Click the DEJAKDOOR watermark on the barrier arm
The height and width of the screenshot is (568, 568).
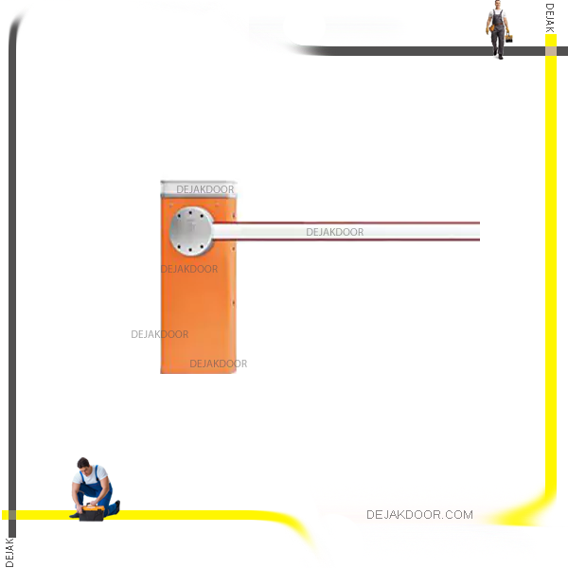334,232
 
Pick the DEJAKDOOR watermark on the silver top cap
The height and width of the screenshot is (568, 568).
204,189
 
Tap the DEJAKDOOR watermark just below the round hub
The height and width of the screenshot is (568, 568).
189,269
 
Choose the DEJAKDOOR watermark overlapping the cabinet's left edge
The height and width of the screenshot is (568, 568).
159,334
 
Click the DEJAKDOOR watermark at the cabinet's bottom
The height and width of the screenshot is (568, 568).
218,364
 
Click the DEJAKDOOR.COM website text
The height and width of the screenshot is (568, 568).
419,515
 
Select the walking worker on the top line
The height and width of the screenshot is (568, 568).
496,30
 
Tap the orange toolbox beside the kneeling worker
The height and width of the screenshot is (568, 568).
92,514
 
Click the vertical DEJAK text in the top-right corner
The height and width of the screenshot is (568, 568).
550,18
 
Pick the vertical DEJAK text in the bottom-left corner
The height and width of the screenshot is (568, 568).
9,551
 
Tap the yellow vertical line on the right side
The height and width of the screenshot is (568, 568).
550,284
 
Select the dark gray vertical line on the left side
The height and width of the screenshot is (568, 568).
12,284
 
